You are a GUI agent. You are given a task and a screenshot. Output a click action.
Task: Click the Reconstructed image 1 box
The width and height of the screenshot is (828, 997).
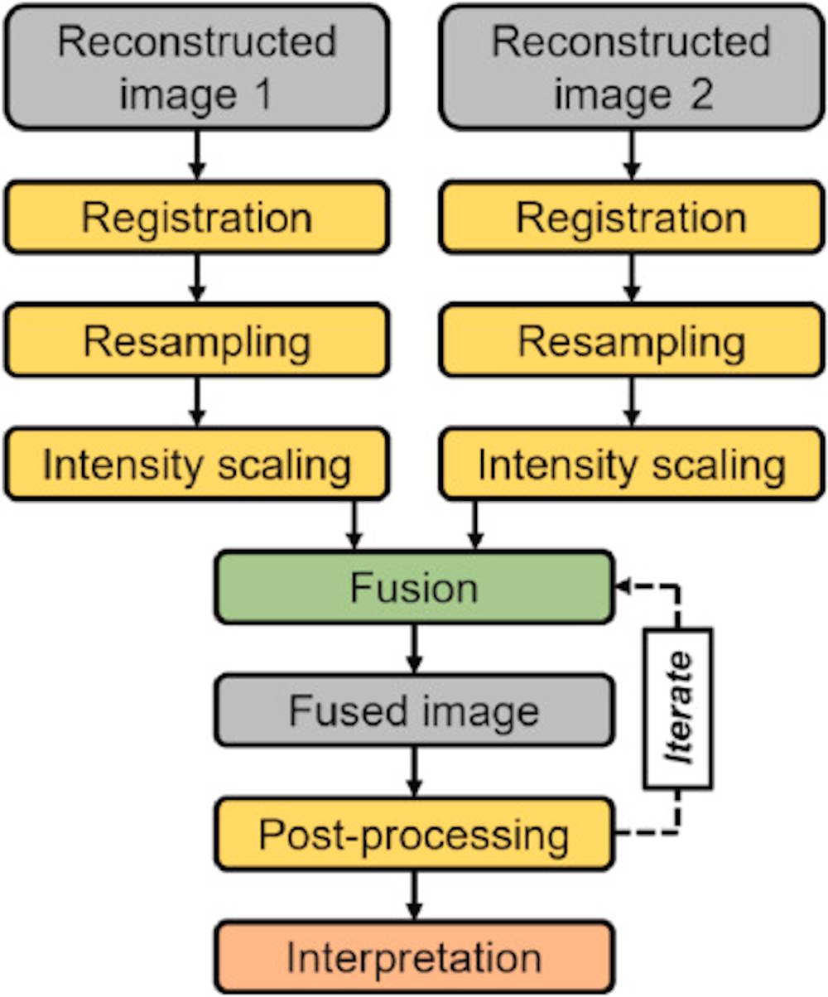point(196,66)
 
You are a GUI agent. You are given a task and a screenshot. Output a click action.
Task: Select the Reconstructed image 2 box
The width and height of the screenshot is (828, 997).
point(632,66)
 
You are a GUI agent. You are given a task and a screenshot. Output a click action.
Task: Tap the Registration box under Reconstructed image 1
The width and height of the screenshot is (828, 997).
point(196,217)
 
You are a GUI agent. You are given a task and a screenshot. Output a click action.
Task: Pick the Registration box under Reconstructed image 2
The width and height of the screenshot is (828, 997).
point(632,217)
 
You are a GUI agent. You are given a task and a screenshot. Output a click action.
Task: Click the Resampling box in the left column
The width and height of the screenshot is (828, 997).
point(196,340)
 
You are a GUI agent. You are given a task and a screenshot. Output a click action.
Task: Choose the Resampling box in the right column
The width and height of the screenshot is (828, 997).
point(632,340)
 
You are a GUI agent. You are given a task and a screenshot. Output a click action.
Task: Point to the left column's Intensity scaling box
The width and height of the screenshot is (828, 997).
point(196,464)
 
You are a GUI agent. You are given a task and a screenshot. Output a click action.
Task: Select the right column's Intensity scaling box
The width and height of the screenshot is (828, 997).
point(632,464)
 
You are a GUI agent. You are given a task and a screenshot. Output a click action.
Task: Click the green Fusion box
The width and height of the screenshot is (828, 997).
point(414,588)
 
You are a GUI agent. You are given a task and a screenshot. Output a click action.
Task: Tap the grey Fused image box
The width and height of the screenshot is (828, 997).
point(414,710)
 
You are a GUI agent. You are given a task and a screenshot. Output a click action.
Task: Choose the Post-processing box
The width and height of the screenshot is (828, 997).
point(414,834)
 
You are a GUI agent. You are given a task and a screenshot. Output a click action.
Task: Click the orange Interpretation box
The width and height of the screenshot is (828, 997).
point(414,956)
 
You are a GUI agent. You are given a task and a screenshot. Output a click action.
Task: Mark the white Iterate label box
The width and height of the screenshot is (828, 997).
point(678,709)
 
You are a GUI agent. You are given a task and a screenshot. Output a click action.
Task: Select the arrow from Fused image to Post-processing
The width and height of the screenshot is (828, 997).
point(414,772)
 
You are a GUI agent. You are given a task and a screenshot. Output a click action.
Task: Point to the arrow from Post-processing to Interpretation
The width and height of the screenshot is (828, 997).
point(414,895)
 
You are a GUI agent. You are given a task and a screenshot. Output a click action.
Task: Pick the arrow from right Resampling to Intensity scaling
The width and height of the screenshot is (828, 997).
point(632,402)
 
